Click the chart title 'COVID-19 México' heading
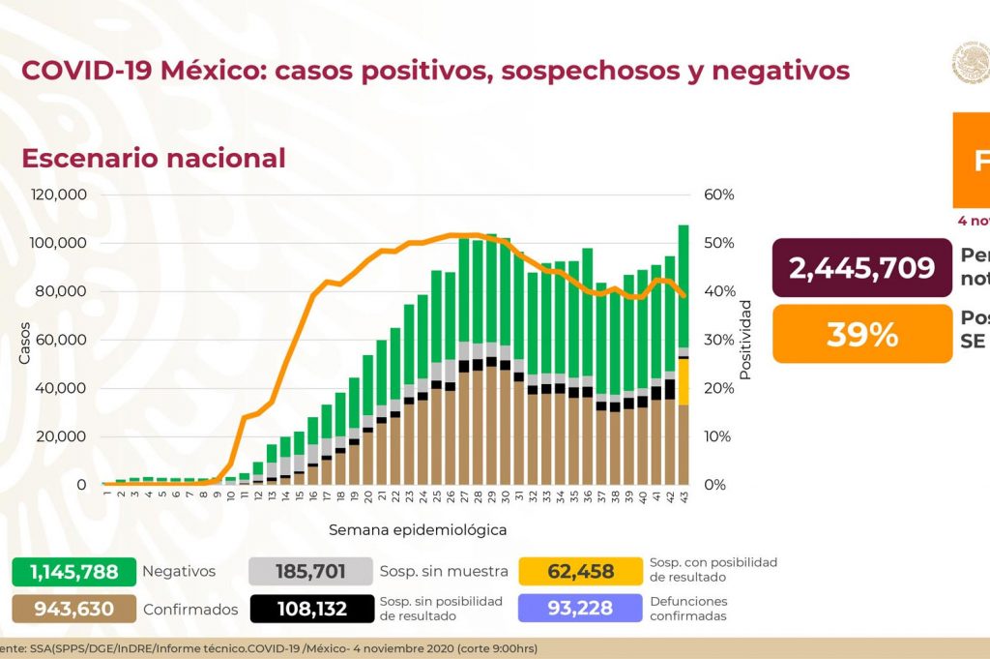click(435, 71)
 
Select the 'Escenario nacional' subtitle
click(154, 158)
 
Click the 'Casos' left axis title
click(25, 344)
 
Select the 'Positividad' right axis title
click(745, 339)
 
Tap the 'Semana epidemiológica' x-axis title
click(418, 530)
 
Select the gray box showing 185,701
click(311, 572)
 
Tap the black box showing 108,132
click(311, 609)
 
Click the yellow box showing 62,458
click(580, 572)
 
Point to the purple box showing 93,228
click(580, 609)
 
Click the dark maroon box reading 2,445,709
click(861, 267)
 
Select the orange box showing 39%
click(861, 334)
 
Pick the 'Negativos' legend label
click(179, 572)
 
